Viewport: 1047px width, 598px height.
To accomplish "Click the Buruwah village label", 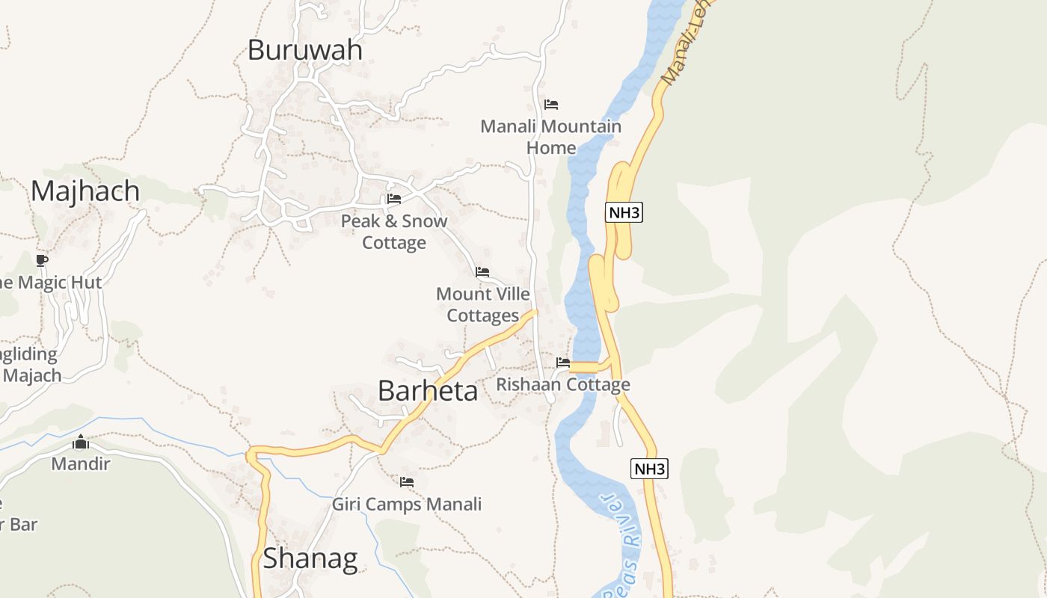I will [x=304, y=50].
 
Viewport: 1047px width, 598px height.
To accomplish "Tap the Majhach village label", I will [x=85, y=191].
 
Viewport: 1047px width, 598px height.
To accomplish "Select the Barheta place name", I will [x=427, y=390].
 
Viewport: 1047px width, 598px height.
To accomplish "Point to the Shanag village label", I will [x=310, y=558].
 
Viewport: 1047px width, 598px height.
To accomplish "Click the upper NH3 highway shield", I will [x=624, y=212].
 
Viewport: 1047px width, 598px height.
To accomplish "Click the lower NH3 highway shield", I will [x=648, y=469].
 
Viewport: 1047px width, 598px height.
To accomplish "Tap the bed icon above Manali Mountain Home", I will [x=551, y=105].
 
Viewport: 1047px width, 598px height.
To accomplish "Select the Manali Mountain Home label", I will [x=551, y=137].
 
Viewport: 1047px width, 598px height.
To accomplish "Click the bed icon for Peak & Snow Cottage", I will [x=394, y=199].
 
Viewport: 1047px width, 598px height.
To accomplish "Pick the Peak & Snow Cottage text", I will [x=394, y=232].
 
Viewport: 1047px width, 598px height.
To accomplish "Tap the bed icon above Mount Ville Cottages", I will [x=482, y=272].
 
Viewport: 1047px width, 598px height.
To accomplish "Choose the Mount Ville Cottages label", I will [x=483, y=305].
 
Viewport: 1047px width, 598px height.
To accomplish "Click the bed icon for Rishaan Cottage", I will [x=563, y=363].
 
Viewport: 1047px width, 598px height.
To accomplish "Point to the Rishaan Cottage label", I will [x=563, y=385].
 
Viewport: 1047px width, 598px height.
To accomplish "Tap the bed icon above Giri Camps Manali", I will [x=407, y=482].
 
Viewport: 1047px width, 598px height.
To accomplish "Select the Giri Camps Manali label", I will [x=407, y=505].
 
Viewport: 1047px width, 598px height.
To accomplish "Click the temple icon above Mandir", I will [x=81, y=442].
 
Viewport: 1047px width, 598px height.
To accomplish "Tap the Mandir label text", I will [x=81, y=464].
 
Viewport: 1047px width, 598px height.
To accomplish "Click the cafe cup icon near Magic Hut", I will [x=42, y=260].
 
